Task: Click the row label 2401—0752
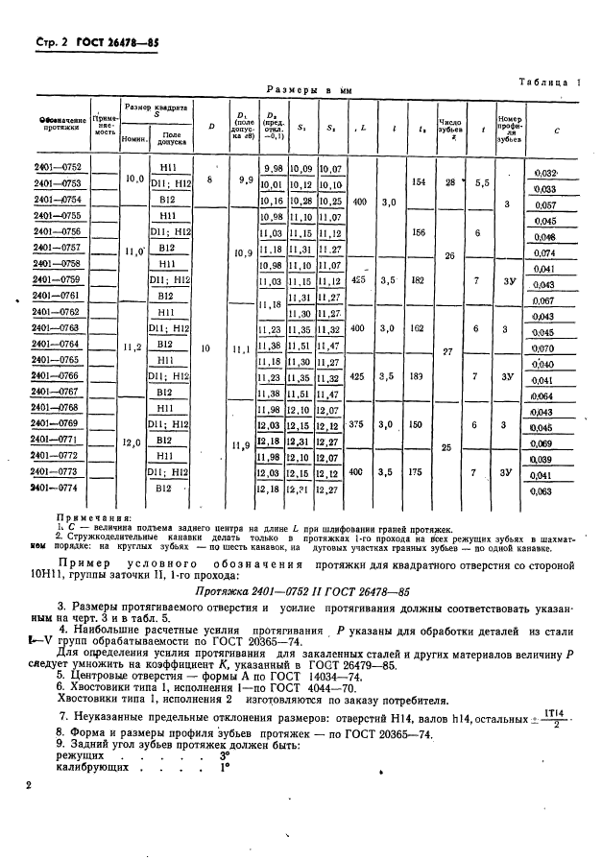tap(58, 167)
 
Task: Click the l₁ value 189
tap(417, 376)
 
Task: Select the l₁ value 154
tap(417, 181)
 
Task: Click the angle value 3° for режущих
tap(224, 756)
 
